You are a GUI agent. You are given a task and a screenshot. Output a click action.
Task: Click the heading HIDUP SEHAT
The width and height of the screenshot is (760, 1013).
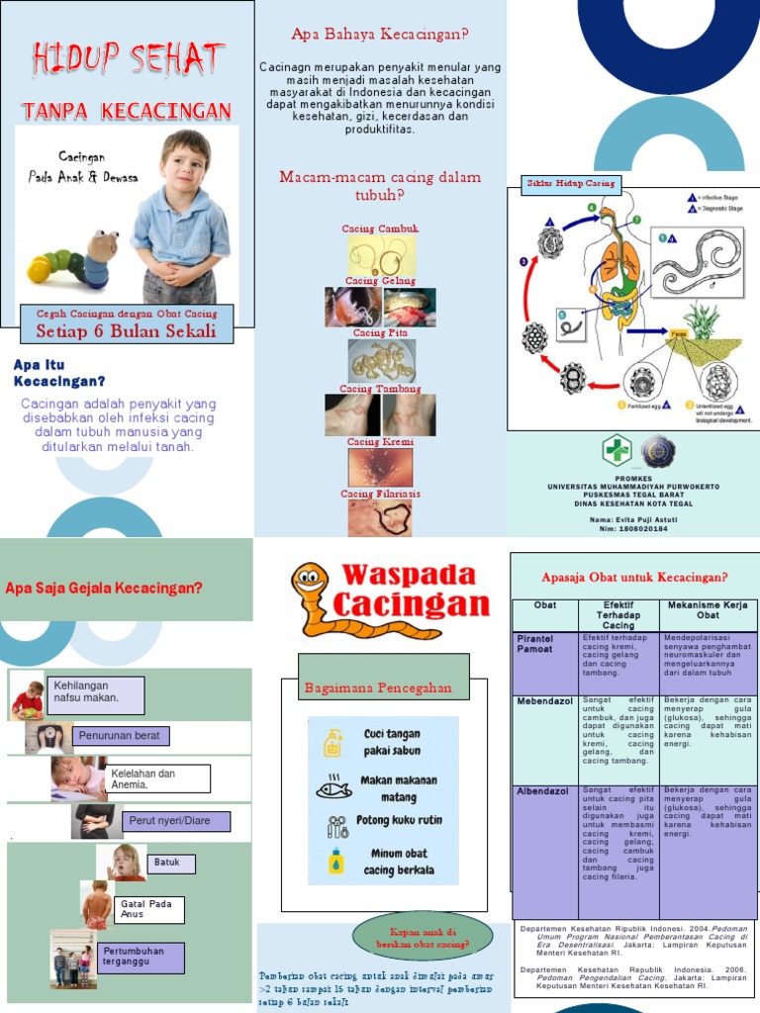[x=127, y=59]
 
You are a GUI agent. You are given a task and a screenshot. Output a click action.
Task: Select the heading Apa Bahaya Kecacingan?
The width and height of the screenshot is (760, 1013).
[x=380, y=35]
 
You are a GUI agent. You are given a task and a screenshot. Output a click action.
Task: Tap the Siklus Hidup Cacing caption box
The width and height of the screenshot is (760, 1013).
[x=570, y=183]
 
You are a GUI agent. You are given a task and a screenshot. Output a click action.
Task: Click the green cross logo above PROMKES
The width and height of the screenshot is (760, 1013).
[x=617, y=451]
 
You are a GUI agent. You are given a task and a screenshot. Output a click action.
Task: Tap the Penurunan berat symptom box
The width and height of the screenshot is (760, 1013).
[x=124, y=735]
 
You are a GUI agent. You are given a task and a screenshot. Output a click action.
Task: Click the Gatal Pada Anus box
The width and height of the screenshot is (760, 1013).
[x=149, y=909]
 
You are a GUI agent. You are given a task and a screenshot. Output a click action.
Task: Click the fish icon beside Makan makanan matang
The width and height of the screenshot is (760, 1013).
[x=333, y=788]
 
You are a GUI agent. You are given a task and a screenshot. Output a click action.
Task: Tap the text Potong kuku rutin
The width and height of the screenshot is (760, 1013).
[x=399, y=820]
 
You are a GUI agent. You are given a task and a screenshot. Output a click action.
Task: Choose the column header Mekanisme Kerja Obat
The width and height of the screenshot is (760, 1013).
[x=708, y=610]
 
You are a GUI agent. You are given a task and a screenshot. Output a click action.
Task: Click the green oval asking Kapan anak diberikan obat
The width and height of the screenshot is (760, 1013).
[x=422, y=935]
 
